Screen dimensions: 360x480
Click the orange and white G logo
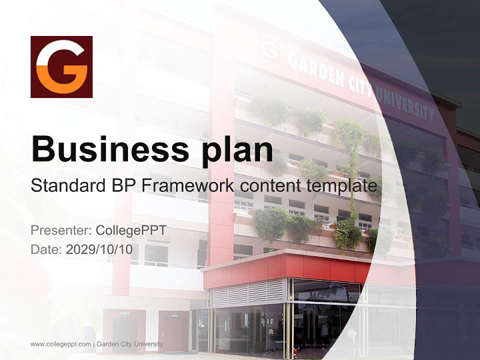(61, 66)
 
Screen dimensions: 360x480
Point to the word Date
(45, 249)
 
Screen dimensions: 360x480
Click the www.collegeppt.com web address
(60, 344)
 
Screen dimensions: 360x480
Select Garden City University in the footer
(129, 344)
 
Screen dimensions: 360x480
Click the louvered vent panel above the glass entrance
(248, 292)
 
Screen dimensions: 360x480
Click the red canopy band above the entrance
(300, 267)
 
